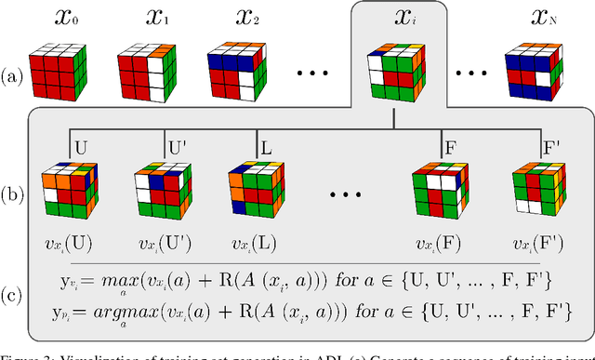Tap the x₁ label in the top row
[154, 17]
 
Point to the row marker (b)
[14, 196]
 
